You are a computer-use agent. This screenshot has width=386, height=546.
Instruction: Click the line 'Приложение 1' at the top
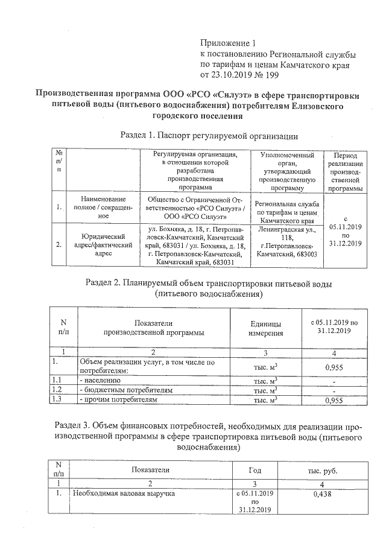228,43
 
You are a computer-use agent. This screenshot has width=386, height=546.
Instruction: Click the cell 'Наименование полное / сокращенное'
103,207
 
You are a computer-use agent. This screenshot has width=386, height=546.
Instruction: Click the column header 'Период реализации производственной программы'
346,172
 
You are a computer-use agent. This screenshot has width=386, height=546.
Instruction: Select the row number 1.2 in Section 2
57,390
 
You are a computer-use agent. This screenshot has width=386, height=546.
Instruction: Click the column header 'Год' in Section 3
255,469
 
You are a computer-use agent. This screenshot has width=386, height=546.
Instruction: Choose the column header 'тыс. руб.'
323,469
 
